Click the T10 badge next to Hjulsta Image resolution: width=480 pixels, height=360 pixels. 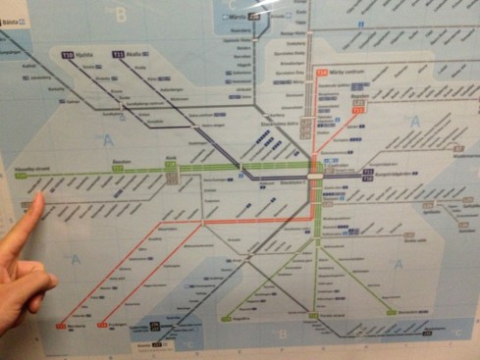click(x=68, y=55)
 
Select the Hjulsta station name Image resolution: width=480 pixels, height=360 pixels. click(x=85, y=56)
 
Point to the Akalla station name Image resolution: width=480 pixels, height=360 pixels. click(x=135, y=54)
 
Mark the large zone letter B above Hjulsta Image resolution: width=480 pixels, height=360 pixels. click(x=121, y=15)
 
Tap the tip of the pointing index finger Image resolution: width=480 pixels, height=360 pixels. click(x=37, y=199)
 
